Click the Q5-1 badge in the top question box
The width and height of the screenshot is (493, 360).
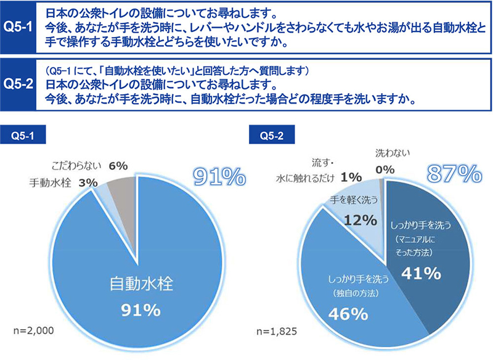pyautogui.click(x=18, y=27)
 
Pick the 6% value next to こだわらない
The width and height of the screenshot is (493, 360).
pyautogui.click(x=117, y=165)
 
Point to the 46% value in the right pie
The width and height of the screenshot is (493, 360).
pyautogui.click(x=349, y=314)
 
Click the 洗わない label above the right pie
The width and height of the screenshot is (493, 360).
pyautogui.click(x=393, y=152)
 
